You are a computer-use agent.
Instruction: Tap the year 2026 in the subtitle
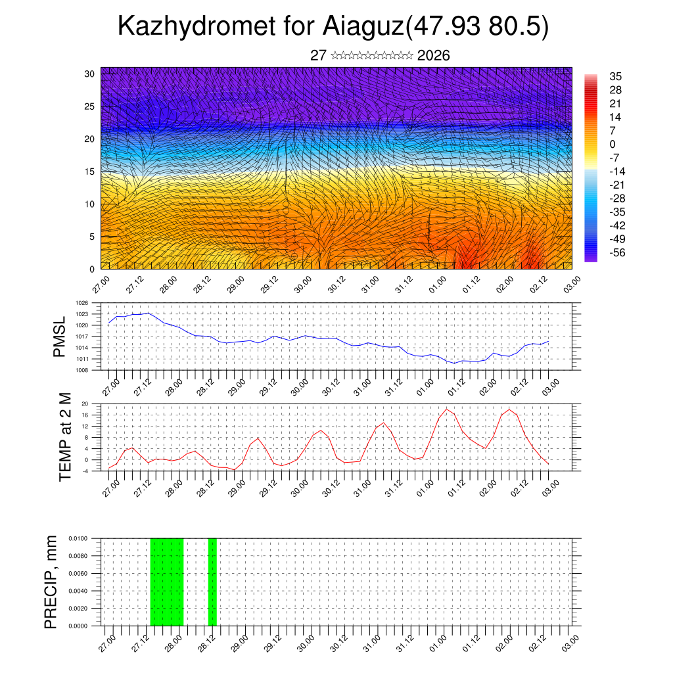[x=434, y=56]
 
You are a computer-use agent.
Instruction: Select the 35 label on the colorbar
[x=616, y=76]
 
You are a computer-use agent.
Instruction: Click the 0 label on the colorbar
[x=613, y=144]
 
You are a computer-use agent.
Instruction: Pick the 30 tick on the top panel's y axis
[x=89, y=74]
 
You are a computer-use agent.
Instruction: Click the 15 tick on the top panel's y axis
[x=89, y=172]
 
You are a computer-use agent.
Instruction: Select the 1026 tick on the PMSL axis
[x=81, y=303]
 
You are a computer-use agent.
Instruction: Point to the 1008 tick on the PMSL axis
[x=81, y=370]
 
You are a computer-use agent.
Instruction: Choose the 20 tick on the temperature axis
[x=85, y=404]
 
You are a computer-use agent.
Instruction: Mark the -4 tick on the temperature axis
[x=85, y=471]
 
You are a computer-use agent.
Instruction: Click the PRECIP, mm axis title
[x=51, y=582]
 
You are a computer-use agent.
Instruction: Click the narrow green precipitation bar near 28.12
[x=212, y=582]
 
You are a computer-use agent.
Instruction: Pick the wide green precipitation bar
[x=167, y=582]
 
